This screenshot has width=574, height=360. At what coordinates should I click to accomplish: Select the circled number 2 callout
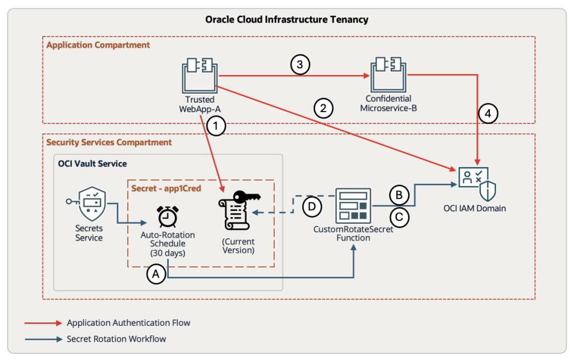click(x=323, y=108)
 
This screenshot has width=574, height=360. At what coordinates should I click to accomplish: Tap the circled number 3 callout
click(x=300, y=65)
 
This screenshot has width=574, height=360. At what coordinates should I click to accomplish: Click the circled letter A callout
click(x=156, y=274)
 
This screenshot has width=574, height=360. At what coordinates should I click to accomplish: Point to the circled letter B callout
click(x=399, y=195)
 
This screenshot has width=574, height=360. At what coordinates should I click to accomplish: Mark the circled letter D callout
click(x=313, y=206)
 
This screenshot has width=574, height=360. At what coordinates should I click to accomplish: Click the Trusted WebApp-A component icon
click(x=200, y=76)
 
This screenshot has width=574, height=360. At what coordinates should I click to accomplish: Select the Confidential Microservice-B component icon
click(x=388, y=76)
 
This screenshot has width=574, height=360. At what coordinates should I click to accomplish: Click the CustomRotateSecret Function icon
click(x=353, y=206)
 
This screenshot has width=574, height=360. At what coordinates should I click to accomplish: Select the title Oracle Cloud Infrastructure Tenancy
click(x=286, y=20)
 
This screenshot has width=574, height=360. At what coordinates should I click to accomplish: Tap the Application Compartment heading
click(x=98, y=45)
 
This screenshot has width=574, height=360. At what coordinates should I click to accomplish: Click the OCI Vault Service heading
click(x=92, y=164)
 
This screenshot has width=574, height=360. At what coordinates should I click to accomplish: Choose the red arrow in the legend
click(x=43, y=322)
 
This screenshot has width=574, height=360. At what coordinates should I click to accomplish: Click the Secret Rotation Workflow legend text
click(x=116, y=339)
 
